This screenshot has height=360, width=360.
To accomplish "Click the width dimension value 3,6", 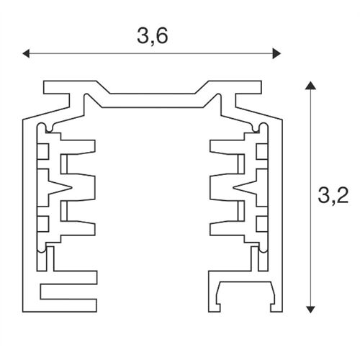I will click(152, 37).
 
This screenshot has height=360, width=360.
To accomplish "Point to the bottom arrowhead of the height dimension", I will click(310, 308).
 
